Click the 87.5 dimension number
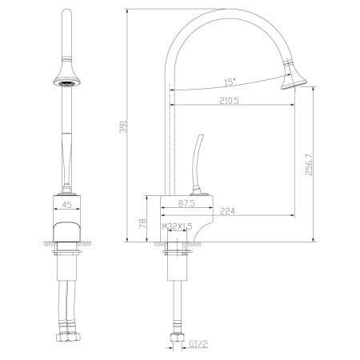188,204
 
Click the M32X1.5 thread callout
178,226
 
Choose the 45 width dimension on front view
67,204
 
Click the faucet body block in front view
66,234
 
